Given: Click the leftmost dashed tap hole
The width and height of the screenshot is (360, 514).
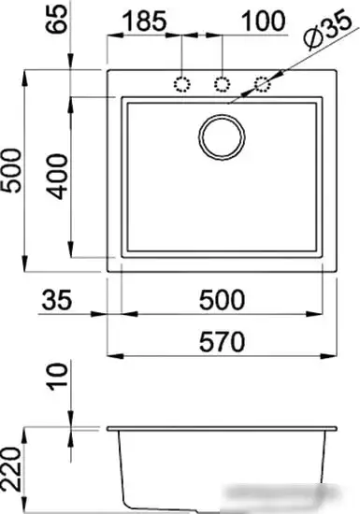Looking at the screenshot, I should pyautogui.click(x=182, y=85).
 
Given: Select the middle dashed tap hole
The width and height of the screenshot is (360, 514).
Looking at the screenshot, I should pyautogui.click(x=223, y=85).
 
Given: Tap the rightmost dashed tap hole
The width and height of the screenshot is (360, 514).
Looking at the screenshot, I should pyautogui.click(x=263, y=85).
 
